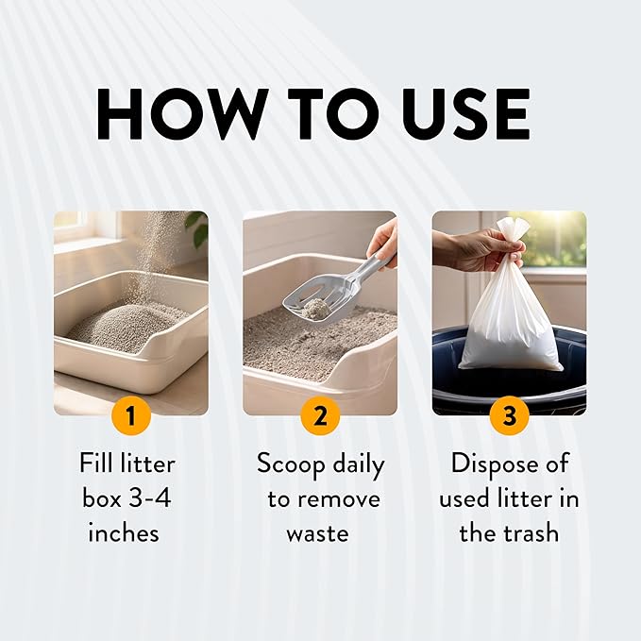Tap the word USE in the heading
[466, 114]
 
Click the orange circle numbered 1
[131, 415]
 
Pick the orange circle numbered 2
[320, 415]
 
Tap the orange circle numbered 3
[510, 415]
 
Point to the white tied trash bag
[510, 302]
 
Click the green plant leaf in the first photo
[198, 228]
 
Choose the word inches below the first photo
[124, 532]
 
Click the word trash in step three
[531, 532]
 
